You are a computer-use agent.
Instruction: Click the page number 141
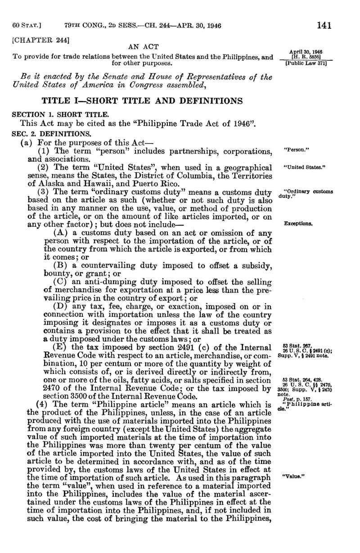click(324, 26)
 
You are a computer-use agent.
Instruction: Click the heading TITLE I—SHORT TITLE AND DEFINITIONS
click(142, 100)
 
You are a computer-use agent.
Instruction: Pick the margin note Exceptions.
click(299, 223)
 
